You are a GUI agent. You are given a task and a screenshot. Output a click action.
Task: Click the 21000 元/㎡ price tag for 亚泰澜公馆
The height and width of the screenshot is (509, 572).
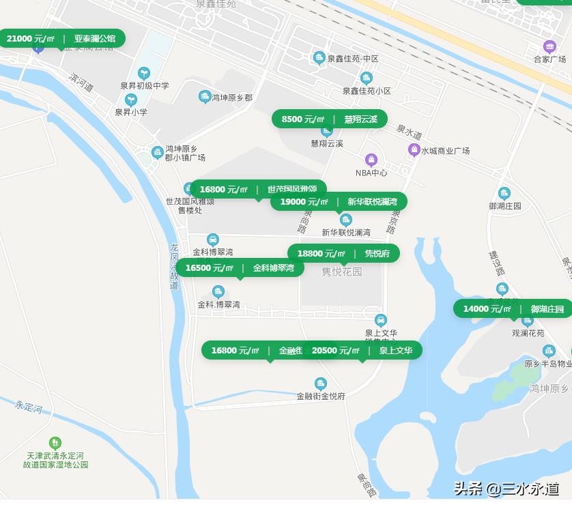61,38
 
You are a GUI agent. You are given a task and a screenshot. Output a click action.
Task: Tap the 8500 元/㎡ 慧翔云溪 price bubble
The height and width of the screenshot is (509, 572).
329,119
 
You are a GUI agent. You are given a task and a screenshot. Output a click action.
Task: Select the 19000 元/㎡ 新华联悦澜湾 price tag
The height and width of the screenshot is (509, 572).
339,201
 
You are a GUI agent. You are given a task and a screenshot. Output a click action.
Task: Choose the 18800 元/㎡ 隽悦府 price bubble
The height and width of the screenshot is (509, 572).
343,254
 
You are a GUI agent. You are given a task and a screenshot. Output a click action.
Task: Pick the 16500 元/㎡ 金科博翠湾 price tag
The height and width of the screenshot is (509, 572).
240,268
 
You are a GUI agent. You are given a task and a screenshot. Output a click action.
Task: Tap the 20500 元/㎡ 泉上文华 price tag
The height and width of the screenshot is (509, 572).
362,351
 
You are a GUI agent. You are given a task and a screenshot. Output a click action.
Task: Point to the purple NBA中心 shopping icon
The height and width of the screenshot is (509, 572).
371,160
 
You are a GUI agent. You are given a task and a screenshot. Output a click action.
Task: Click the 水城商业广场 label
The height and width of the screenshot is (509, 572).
445,151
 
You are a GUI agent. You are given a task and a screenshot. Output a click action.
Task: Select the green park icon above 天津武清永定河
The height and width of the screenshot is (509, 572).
55,443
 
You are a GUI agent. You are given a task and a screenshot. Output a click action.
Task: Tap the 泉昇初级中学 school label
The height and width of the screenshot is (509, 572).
144,86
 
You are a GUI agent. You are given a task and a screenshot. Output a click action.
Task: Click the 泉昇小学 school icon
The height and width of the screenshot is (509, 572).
130,100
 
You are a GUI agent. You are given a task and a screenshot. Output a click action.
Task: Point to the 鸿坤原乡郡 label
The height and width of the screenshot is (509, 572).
231,98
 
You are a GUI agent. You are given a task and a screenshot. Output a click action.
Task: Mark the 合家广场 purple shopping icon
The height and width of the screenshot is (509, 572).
549,47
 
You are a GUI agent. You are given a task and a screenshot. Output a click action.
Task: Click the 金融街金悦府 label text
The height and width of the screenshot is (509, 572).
321,396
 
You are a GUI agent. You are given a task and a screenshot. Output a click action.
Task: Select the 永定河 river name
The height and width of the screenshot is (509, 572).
29,407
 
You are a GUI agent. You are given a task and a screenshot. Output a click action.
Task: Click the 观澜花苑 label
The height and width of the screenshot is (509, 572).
528,334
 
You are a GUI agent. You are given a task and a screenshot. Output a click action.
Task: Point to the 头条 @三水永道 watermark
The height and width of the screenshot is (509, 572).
506,489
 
